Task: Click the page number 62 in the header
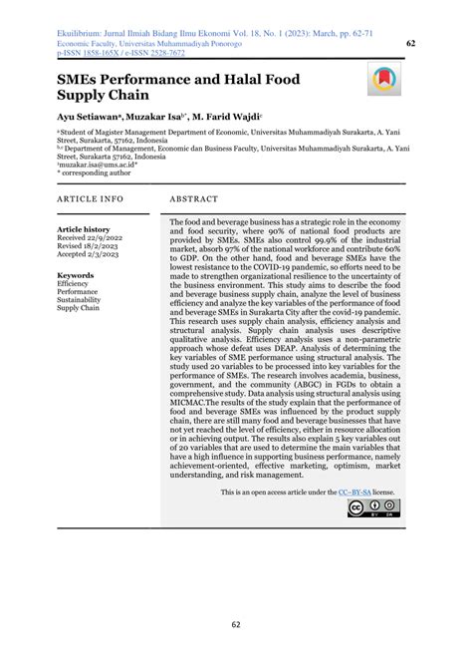[411, 44]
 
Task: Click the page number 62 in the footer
[235, 625]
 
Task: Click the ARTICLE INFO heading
[91, 199]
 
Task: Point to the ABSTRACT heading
[201, 199]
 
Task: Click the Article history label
[84, 229]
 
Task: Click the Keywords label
[76, 274]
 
